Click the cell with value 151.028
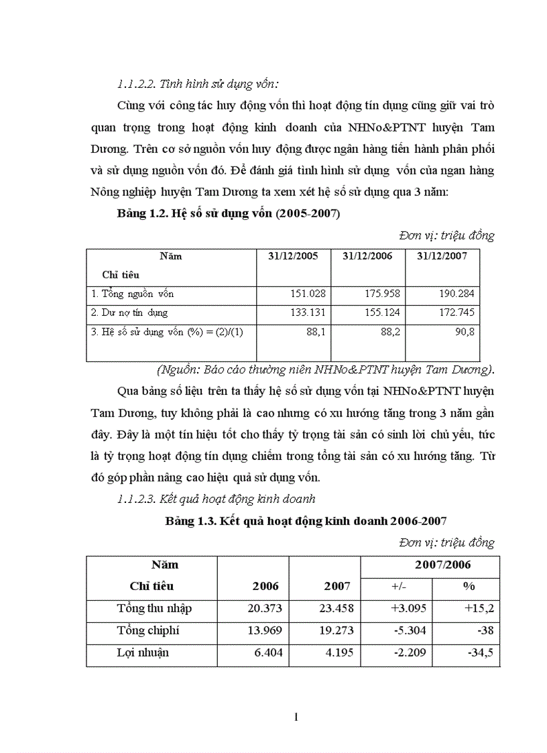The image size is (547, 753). (x=308, y=294)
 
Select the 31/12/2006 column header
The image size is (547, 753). (x=367, y=256)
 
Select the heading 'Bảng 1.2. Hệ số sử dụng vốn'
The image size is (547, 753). (x=228, y=215)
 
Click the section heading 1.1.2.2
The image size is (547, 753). (x=197, y=84)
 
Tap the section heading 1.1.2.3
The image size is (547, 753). (x=216, y=499)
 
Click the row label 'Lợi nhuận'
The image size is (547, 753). (x=143, y=652)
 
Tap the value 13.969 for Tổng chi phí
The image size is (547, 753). (x=265, y=630)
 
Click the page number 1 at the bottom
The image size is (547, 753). (x=296, y=717)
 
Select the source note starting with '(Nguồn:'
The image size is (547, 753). (x=325, y=369)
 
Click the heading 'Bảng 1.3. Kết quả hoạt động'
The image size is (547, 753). (x=306, y=521)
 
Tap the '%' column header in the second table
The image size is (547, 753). (x=469, y=586)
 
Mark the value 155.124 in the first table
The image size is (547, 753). (x=383, y=312)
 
